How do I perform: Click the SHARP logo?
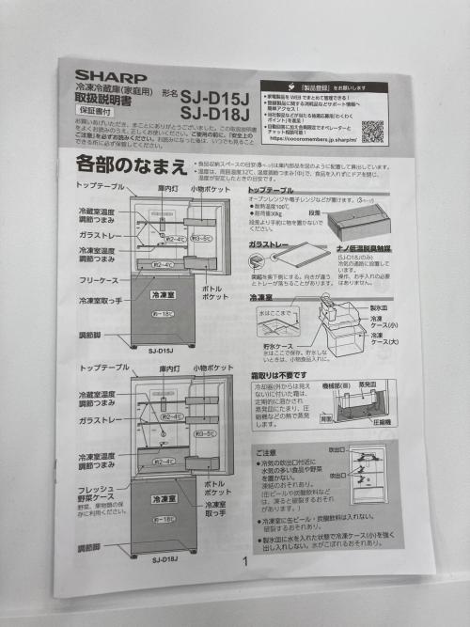[x=111, y=76]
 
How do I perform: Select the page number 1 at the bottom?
[x=244, y=562]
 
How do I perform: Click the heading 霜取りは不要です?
[x=286, y=373]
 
